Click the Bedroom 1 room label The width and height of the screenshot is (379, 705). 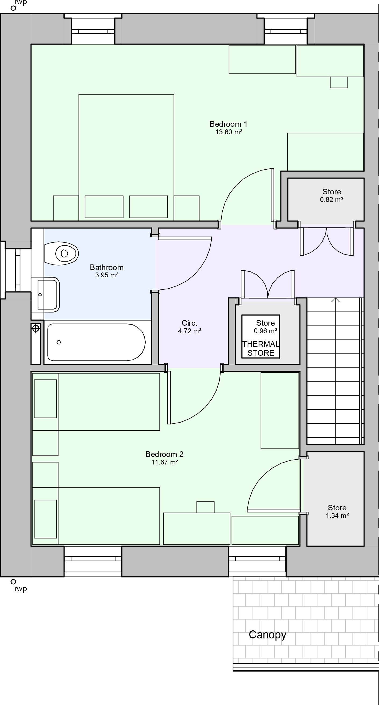point(228,124)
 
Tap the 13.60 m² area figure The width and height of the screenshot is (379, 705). point(229,132)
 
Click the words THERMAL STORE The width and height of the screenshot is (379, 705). point(261,348)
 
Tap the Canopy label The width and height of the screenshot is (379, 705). point(267,634)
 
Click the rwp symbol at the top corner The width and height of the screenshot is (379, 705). point(13,8)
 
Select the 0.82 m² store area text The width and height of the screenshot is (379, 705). point(331,200)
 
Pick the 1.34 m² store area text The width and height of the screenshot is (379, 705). point(337,516)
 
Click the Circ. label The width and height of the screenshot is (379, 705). point(189,323)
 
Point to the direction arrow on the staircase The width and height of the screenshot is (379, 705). point(336,300)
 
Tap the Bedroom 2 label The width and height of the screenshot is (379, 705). point(164,454)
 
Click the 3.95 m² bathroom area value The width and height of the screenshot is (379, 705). point(107,275)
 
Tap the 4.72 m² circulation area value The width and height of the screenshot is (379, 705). point(190,331)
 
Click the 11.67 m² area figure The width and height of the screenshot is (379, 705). point(165,462)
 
